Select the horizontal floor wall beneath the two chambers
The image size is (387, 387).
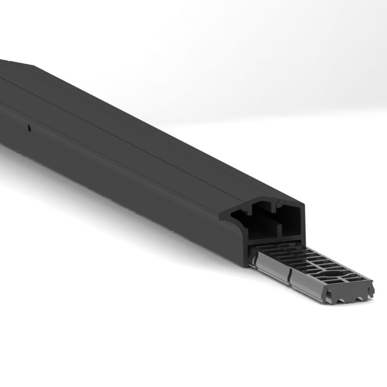(x=278, y=240)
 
